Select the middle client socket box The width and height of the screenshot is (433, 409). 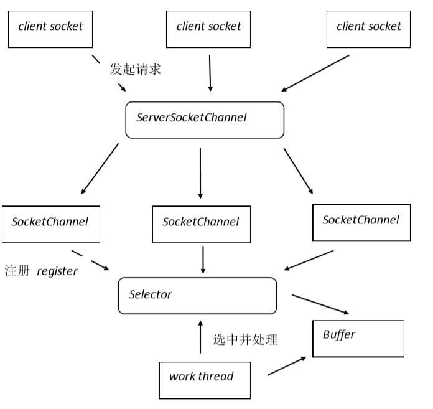[x=209, y=26]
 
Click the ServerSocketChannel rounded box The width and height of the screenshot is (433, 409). [x=205, y=120]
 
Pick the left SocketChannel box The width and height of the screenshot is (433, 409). [x=50, y=223]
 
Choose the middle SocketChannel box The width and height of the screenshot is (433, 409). [x=201, y=223]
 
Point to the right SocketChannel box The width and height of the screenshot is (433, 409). [x=361, y=222]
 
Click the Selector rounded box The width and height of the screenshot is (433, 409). [x=197, y=296]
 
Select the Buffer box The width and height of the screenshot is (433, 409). [x=358, y=338]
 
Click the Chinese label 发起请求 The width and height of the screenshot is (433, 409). [x=136, y=69]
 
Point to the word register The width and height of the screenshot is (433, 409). [x=57, y=271]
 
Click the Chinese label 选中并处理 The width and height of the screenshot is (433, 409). [x=245, y=339]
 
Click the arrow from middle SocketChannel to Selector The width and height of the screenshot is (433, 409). [x=202, y=259]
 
